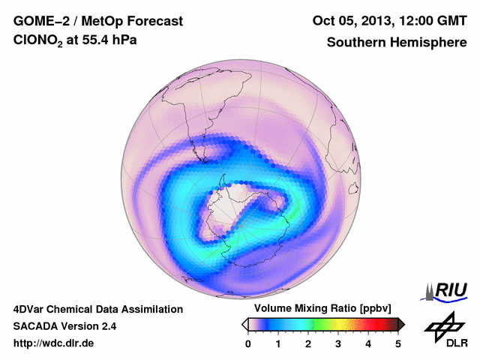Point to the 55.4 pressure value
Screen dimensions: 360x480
(94, 42)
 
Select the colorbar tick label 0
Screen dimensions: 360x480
(248, 343)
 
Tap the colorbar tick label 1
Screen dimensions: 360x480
(278, 343)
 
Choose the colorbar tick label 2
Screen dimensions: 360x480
(308, 343)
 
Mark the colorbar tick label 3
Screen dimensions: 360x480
(338, 343)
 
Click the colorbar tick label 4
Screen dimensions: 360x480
(368, 343)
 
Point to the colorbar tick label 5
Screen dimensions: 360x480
(398, 343)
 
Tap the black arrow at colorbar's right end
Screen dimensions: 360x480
(401, 324)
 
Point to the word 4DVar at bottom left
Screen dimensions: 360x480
(31, 309)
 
